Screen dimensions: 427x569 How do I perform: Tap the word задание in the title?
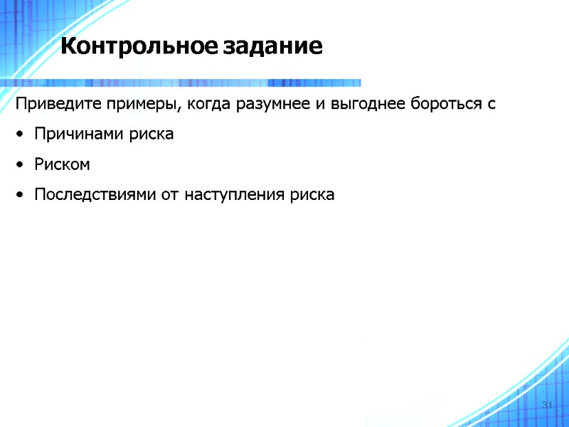click(x=273, y=48)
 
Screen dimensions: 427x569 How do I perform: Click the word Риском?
click(x=62, y=164)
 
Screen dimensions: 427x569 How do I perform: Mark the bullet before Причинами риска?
click(x=21, y=135)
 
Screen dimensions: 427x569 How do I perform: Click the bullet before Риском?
click(x=21, y=165)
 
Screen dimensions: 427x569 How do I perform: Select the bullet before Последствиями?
click(x=21, y=195)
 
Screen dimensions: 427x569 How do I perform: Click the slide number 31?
click(x=547, y=405)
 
